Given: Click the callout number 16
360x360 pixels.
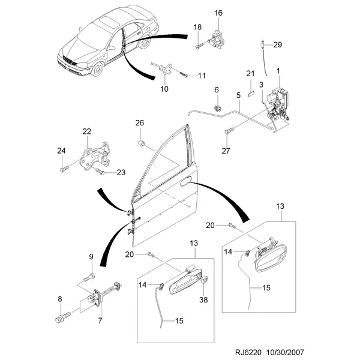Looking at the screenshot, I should (218, 13).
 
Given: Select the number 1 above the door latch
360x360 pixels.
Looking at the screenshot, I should (278, 71).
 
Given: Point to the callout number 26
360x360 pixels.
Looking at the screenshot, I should (140, 123).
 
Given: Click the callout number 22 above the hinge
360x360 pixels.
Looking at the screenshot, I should (86, 131).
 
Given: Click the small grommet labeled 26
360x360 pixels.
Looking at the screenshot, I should (142, 143).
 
